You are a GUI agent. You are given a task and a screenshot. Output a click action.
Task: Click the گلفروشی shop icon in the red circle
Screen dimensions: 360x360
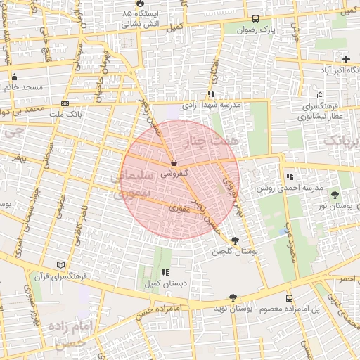(174, 162)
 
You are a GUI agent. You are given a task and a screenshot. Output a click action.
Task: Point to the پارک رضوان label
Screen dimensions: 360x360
(274, 30)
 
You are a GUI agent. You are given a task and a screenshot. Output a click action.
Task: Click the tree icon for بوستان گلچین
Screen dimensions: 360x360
(235, 240)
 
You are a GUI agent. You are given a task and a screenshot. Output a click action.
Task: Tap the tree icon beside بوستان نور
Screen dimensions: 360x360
(335, 194)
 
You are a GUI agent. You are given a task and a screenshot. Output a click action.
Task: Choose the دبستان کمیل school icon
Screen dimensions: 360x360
(165, 272)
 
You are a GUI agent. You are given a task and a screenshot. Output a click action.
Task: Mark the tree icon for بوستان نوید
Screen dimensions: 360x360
(233, 298)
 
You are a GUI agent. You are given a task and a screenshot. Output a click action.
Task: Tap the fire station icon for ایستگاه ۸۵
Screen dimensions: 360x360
(139, 4)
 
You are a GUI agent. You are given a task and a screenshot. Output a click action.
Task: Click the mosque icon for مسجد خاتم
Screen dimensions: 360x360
(13, 77)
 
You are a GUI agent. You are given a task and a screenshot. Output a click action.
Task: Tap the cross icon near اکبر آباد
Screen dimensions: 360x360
(345, 59)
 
